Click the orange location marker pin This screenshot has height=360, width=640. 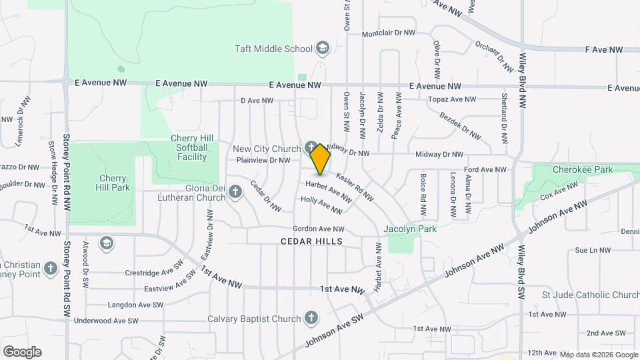[x=321, y=159]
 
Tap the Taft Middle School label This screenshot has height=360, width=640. [x=273, y=49]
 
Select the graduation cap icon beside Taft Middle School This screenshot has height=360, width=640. [x=323, y=48]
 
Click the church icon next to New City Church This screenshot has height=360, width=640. [x=310, y=147]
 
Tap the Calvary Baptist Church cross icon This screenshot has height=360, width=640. [x=311, y=318]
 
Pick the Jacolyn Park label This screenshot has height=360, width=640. [x=410, y=229]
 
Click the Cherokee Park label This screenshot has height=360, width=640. [x=583, y=170]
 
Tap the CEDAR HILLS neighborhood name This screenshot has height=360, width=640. [x=311, y=241]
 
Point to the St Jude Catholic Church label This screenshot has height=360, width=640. [x=591, y=295]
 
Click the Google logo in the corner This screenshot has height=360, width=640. [x=22, y=351]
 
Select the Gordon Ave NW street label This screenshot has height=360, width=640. [x=318, y=229]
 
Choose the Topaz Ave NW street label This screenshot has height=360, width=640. [x=452, y=99]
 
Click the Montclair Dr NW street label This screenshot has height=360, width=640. [x=388, y=33]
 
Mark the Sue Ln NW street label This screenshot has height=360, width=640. [x=592, y=251]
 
